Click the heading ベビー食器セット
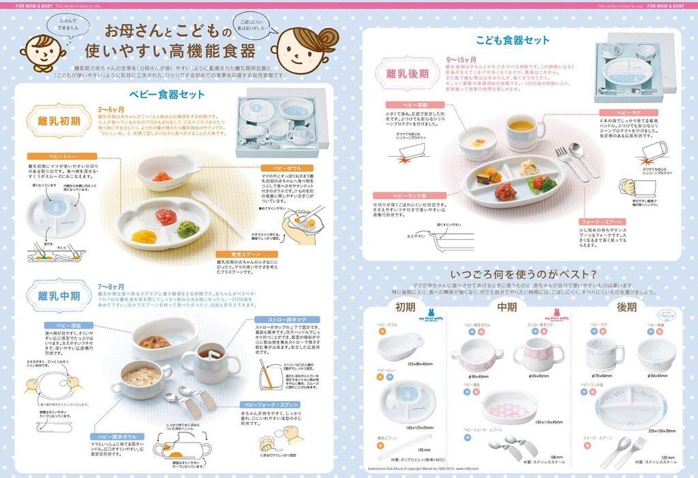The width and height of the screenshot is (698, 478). coord(166,95)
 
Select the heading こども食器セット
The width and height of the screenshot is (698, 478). coord(513,40)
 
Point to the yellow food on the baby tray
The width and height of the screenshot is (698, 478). coord(144,236)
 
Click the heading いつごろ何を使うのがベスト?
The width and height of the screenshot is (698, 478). coord(519,273)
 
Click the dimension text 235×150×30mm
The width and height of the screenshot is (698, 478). coord(661,431)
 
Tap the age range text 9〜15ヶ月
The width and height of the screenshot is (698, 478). coord(462,60)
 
